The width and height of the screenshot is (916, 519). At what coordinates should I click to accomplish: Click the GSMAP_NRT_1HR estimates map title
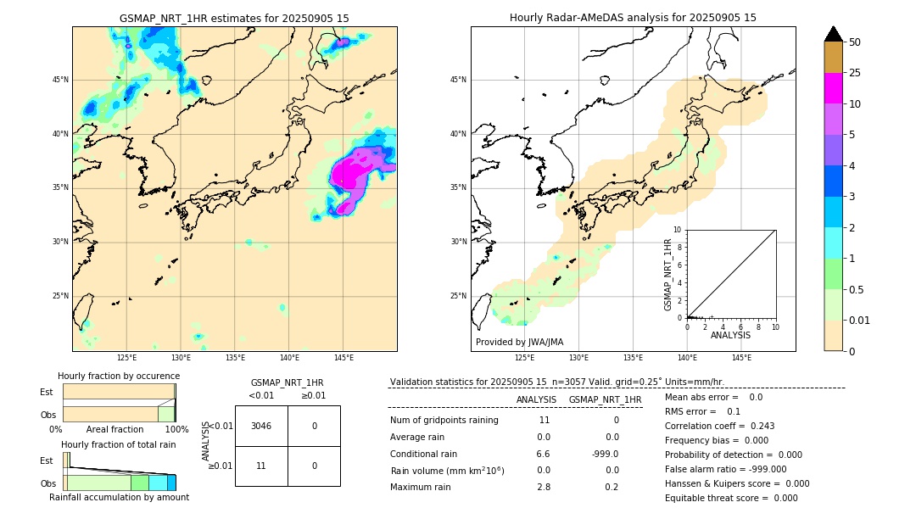coord(234,18)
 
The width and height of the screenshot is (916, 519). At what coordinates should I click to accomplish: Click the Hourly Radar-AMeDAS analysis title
coord(633,18)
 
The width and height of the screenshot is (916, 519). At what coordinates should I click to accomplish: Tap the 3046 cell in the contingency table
coord(261,426)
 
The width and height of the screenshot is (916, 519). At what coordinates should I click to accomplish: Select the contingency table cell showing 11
coord(261,466)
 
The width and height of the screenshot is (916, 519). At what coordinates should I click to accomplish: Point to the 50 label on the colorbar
coord(855,42)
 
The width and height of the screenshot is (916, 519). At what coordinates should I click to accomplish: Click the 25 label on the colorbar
coord(855,73)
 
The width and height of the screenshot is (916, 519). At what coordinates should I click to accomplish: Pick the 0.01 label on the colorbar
coord(858,320)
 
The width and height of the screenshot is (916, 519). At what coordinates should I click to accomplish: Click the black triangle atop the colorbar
coord(834,34)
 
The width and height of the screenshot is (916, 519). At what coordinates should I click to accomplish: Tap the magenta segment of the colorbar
coord(834,88)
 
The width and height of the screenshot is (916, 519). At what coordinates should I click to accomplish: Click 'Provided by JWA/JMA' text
coord(519,342)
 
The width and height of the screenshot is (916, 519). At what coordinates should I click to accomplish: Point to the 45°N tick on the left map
coord(60,80)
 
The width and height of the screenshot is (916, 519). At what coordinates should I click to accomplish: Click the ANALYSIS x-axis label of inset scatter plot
coord(730,335)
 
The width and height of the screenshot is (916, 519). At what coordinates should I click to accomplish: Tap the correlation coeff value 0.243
coord(757,426)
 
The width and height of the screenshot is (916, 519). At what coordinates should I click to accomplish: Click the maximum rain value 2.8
coord(544,487)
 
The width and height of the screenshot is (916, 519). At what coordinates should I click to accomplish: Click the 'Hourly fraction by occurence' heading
coord(119,376)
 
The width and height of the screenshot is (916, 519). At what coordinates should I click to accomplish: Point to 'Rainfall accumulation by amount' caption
coord(119,497)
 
